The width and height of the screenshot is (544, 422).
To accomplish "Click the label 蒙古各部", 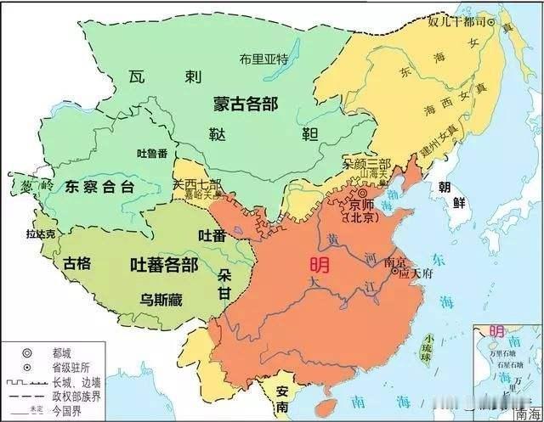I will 247,104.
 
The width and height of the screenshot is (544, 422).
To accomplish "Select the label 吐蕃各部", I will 163,264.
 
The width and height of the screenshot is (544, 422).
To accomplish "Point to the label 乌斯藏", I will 161,299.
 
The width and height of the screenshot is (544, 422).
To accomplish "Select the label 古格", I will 76,263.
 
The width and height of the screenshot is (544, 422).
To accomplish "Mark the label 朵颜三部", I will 366,161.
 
